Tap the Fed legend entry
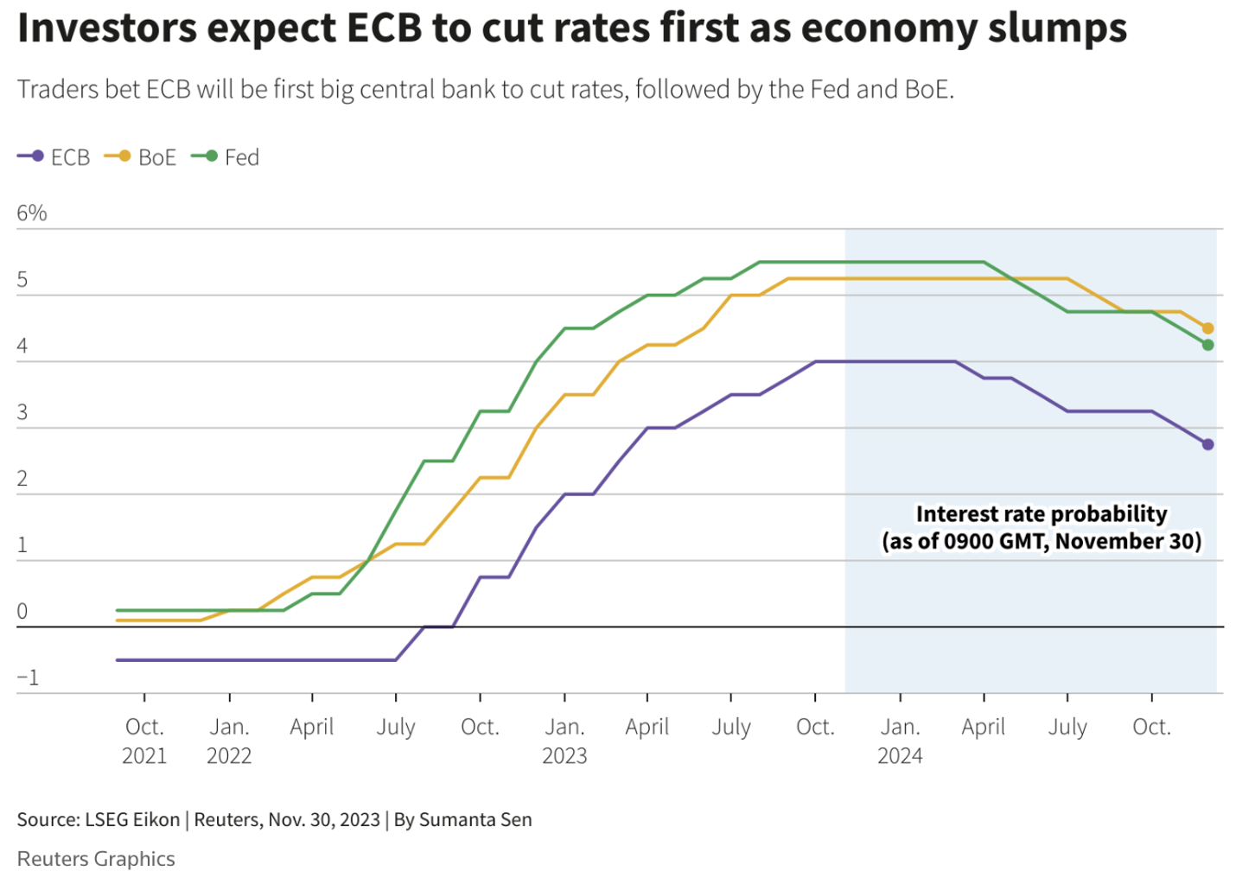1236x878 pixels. pos(226,157)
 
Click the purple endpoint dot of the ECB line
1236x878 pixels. pos(1207,444)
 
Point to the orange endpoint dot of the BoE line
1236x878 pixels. pos(1207,328)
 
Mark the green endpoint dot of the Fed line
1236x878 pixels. pos(1207,345)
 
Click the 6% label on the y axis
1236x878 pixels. pos(32,213)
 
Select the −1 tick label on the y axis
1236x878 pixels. pos(28,678)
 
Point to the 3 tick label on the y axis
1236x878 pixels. pos(22,412)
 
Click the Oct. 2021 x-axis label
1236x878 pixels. pos(144,741)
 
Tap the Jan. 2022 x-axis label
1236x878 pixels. pos(229,741)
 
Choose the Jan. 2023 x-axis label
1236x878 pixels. pos(564,741)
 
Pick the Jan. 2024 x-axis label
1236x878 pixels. pos(900,741)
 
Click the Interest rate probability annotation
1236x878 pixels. pos(1042,527)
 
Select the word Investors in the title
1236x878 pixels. pos(107,28)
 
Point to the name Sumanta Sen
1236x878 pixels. pos(475,819)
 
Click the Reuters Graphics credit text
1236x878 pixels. pos(96,858)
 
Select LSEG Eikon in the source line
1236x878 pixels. pos(132,819)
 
